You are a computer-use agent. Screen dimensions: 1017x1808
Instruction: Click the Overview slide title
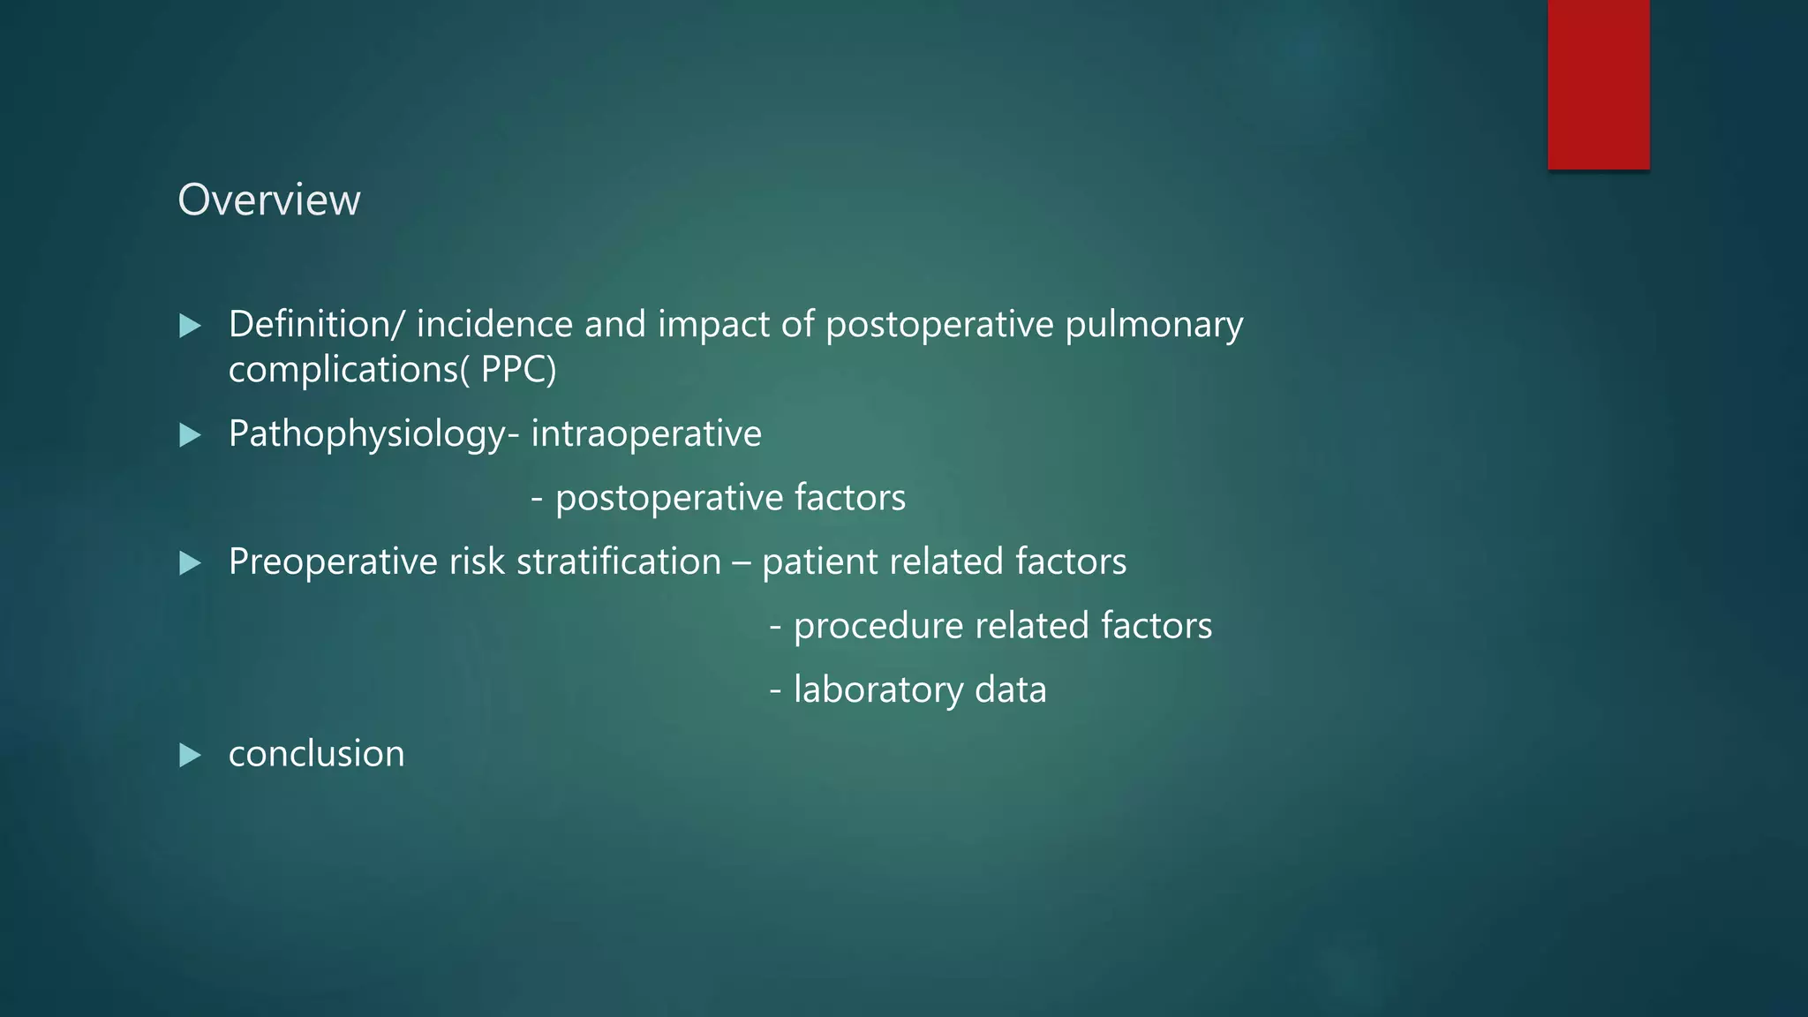coord(269,200)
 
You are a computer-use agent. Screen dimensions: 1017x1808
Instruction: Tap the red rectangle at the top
coord(1598,84)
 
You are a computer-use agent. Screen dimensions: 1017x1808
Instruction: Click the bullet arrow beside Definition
coord(190,326)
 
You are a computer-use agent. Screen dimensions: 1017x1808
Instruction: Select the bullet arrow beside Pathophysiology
coord(190,434)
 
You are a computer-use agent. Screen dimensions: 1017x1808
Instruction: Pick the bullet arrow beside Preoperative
coord(190,562)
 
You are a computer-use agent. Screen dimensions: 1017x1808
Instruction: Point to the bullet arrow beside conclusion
coord(190,755)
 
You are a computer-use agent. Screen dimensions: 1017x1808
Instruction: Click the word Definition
coord(310,324)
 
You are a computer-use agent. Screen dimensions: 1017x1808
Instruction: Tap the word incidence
coord(494,324)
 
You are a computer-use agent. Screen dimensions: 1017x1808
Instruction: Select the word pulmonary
coord(1154,326)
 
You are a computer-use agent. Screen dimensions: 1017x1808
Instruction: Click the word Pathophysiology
coord(367,434)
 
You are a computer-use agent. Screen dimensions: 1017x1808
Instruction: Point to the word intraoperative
coord(646,433)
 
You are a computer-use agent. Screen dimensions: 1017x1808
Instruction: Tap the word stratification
coord(619,561)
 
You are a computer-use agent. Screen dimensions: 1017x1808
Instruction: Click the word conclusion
coord(316,754)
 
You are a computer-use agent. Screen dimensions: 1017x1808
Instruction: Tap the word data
coord(1010,689)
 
